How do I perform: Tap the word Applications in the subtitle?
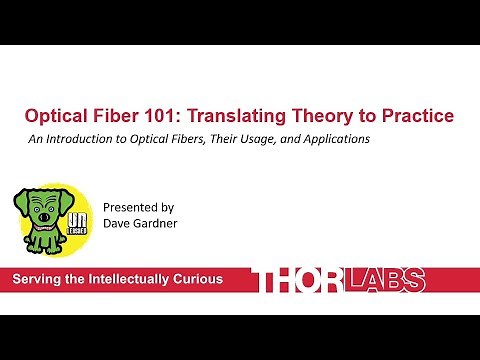click(334, 139)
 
